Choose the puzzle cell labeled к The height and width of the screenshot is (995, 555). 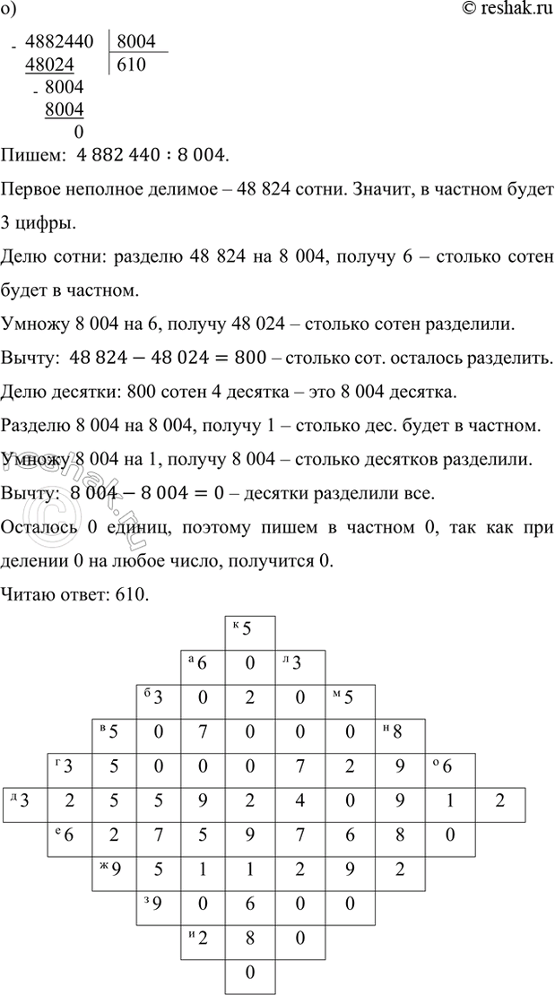coord(249,628)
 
